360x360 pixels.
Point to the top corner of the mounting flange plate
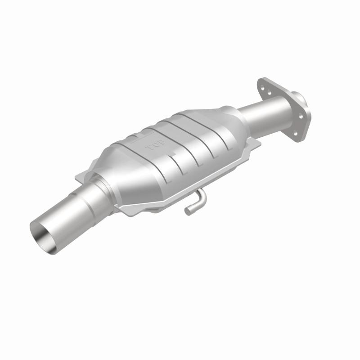[x=261, y=79]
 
